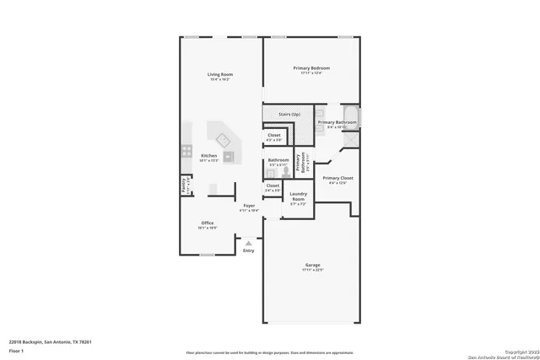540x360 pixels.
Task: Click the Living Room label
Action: click(220, 75)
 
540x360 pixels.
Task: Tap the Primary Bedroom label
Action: click(311, 67)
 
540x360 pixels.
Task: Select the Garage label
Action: click(312, 266)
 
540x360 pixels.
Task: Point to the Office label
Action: click(207, 223)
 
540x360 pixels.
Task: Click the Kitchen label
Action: click(208, 156)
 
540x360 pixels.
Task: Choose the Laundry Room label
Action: click(297, 196)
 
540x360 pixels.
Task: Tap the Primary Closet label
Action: click(337, 178)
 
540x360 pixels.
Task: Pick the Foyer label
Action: click(249, 206)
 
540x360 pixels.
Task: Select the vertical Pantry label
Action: click(183, 185)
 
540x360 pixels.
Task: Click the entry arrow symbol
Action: click(248, 243)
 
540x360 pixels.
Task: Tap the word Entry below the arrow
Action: click(248, 250)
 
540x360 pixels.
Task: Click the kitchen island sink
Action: click(224, 139)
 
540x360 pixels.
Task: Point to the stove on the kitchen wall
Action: click(185, 153)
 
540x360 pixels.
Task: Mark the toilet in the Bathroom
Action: click(287, 170)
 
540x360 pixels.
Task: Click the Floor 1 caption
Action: click(16, 350)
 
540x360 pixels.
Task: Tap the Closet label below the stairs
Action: click(274, 135)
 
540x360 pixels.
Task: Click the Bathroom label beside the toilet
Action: click(278, 159)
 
